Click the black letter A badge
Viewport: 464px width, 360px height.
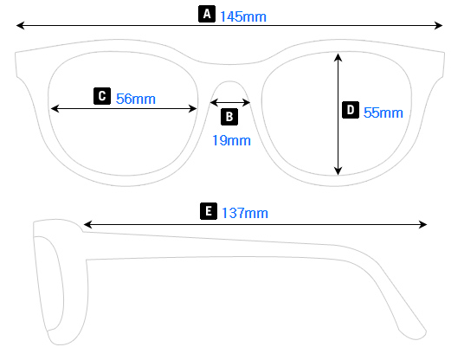pyautogui.click(x=206, y=14)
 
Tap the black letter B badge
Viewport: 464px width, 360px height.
pyautogui.click(x=229, y=117)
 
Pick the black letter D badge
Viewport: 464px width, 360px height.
pyautogui.click(x=350, y=110)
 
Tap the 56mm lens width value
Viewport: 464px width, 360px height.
pyautogui.click(x=136, y=99)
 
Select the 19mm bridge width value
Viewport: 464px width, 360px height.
pyautogui.click(x=231, y=139)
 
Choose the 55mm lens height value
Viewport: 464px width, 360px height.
pyautogui.click(x=383, y=112)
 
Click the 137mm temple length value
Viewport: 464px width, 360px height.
pyautogui.click(x=245, y=213)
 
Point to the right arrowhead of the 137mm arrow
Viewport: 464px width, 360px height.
pyautogui.click(x=423, y=225)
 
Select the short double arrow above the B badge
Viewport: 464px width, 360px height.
pyautogui.click(x=231, y=102)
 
